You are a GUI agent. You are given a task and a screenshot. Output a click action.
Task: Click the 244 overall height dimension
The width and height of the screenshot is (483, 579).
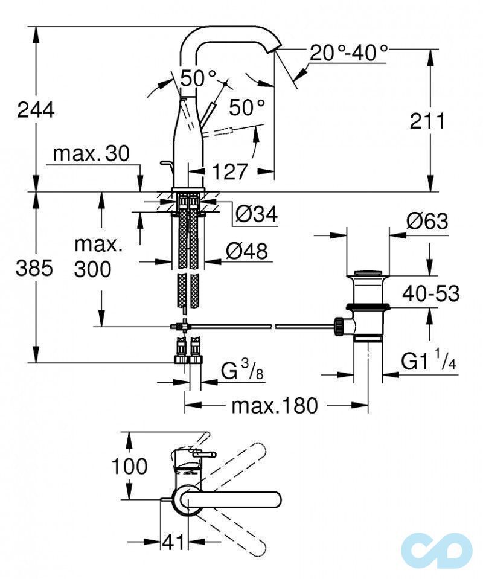(x=36, y=110)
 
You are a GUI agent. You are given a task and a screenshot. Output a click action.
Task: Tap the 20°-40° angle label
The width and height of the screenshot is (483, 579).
(x=348, y=53)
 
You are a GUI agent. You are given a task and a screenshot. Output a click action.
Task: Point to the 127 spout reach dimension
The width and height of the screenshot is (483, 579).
(x=229, y=171)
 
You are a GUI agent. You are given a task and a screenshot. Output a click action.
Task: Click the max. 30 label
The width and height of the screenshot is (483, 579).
(x=91, y=153)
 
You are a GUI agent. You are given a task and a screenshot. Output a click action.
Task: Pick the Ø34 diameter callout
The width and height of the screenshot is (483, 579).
(x=256, y=214)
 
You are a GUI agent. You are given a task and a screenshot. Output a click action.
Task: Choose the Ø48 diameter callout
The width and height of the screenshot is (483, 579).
(x=247, y=252)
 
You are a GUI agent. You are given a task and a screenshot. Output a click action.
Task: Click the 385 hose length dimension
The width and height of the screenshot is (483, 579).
(x=34, y=268)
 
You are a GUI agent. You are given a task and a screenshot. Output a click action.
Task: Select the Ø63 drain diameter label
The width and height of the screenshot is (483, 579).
(x=427, y=221)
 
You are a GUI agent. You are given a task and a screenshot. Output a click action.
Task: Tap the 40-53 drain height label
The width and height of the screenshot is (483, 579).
(x=431, y=293)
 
